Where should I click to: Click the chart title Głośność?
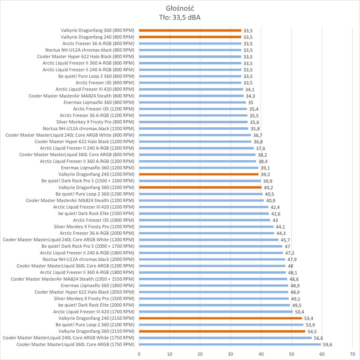click(x=180, y=8)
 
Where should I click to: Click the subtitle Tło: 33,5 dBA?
click(x=180, y=17)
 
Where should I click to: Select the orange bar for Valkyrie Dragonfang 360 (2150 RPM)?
click(x=222, y=331)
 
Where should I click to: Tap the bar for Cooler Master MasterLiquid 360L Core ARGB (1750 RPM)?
click(x=230, y=344)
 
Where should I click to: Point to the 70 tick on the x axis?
click(x=352, y=354)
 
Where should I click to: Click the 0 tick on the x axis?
click(x=139, y=354)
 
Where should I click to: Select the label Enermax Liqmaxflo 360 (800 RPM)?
click(x=99, y=102)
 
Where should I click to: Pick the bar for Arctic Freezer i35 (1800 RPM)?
click(x=205, y=220)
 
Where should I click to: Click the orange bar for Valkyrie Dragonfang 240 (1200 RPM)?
click(x=199, y=174)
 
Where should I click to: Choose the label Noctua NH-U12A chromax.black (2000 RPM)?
click(x=89, y=259)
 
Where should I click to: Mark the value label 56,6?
click(x=318, y=338)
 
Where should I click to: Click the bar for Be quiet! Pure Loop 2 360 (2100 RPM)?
click(x=221, y=325)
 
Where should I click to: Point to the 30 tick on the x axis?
click(x=231, y=354)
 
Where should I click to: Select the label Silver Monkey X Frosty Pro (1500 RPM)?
click(x=94, y=299)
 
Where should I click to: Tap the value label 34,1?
click(x=250, y=90)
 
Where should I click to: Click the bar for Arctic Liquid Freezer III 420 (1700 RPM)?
click(x=216, y=312)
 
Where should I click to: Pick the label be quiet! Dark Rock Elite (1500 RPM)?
click(x=96, y=213)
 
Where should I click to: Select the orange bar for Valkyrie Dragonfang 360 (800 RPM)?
click(x=190, y=30)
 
